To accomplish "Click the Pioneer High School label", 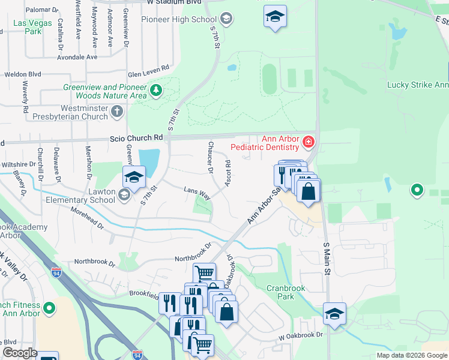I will click(x=178, y=19).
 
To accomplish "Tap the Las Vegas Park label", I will click(x=28, y=27).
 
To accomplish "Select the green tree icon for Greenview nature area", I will click(x=156, y=91).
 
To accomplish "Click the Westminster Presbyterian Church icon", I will click(x=117, y=112).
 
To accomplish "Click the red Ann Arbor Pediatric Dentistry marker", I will click(x=308, y=142).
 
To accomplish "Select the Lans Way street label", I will click(x=197, y=193).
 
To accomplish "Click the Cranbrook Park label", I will click(x=286, y=292).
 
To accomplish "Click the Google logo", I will click(x=19, y=353).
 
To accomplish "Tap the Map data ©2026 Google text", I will click(x=412, y=355).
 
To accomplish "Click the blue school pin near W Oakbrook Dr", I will click(x=334, y=314).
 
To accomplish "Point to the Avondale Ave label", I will click(x=77, y=57).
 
